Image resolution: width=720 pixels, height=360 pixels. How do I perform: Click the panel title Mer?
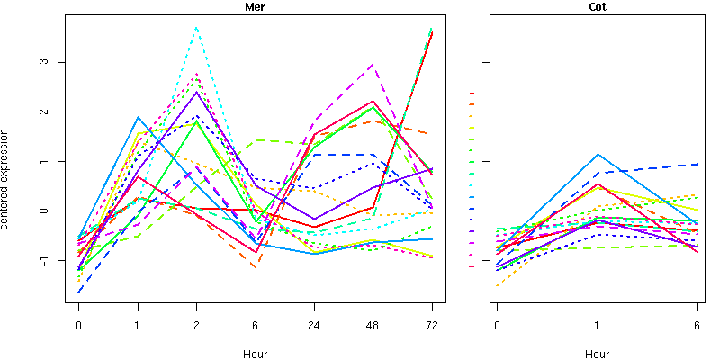(255, 7)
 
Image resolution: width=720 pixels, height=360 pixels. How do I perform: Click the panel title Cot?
(597, 7)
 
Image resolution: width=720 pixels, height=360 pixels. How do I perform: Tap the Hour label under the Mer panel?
(255, 354)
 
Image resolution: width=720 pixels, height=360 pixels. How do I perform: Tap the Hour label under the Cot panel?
(597, 354)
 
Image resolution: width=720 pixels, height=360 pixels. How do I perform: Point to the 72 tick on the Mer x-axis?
(432, 325)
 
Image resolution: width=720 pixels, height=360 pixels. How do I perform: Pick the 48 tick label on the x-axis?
(373, 325)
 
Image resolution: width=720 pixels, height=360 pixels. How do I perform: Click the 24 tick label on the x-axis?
(314, 325)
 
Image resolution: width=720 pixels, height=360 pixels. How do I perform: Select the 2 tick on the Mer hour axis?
(196, 325)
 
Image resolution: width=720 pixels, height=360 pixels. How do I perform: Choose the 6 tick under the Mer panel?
(256, 325)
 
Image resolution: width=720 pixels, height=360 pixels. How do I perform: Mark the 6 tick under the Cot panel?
(697, 325)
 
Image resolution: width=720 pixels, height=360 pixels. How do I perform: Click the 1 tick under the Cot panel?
(597, 325)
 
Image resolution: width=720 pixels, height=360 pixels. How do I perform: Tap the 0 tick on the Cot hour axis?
(497, 325)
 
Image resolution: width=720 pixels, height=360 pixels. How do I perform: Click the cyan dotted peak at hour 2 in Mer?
(196, 28)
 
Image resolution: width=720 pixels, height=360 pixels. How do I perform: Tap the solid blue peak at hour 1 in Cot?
(597, 154)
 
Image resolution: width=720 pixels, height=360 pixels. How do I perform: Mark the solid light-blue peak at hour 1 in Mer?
(138, 117)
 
